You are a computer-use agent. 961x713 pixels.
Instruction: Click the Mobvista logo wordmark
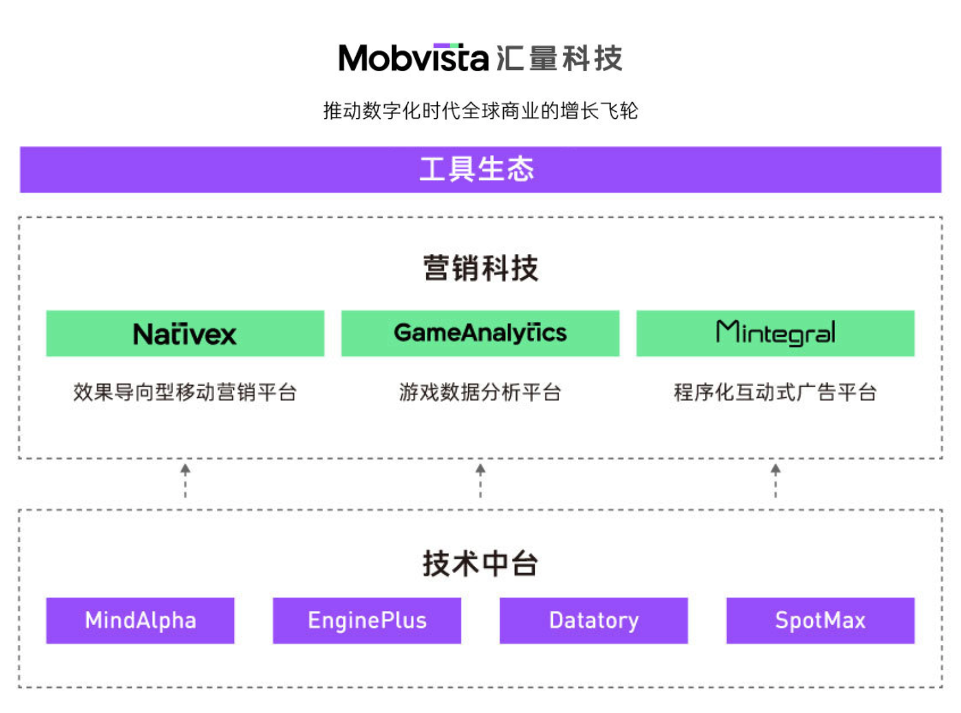(x=413, y=58)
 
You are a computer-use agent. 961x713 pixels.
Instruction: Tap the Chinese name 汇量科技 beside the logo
(x=559, y=58)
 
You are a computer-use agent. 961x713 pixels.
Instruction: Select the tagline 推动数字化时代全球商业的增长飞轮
(x=481, y=110)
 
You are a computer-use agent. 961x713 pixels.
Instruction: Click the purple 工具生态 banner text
(x=477, y=170)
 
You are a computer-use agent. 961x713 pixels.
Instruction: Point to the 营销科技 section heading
(x=481, y=268)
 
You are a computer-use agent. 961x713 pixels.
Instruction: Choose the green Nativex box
(x=185, y=333)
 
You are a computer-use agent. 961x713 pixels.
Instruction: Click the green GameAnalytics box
(x=480, y=333)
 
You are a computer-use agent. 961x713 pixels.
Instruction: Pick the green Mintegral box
(x=775, y=333)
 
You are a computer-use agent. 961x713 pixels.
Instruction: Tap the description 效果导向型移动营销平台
(x=185, y=392)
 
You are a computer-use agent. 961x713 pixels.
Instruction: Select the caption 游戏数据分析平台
(x=480, y=392)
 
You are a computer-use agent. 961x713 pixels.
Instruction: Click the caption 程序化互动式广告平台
(x=775, y=392)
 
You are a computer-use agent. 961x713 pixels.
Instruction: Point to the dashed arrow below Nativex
(x=185, y=481)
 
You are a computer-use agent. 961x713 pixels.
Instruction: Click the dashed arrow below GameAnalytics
(x=481, y=481)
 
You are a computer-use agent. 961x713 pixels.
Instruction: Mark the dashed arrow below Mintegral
(x=776, y=481)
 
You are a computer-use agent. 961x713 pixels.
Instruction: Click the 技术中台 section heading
(x=481, y=563)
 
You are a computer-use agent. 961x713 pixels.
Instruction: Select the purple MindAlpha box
(x=140, y=620)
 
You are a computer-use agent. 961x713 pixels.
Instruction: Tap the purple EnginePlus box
(x=367, y=620)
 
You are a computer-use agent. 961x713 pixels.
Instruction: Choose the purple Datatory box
(x=594, y=620)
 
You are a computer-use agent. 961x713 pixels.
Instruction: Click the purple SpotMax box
(x=820, y=620)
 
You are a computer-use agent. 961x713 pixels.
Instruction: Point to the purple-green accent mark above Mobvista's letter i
(x=447, y=45)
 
